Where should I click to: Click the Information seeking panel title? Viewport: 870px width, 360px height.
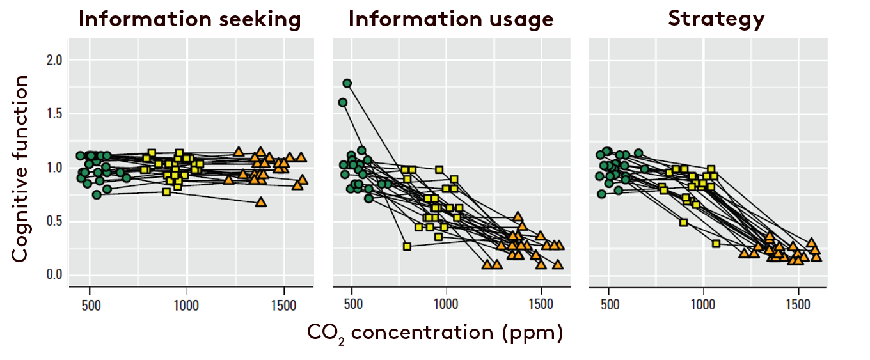[191, 20]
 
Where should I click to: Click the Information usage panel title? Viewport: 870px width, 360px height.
[451, 20]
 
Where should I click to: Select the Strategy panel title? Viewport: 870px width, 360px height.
[716, 20]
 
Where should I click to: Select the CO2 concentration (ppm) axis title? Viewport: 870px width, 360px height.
[435, 333]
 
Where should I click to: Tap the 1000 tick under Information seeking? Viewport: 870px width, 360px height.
[186, 304]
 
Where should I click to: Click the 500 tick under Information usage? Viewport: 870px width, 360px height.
[352, 304]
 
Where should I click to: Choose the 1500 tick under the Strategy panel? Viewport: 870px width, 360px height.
[798, 304]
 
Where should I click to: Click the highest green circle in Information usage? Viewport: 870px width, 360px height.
[347, 83]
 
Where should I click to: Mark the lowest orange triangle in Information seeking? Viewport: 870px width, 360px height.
[260, 201]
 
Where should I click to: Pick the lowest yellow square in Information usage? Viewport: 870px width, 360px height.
[407, 246]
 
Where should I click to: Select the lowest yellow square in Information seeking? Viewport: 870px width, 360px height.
[166, 192]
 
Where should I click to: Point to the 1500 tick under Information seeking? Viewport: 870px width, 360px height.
[283, 304]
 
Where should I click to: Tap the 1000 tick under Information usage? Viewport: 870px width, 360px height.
[447, 304]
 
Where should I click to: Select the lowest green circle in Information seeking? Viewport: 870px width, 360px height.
[97, 195]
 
